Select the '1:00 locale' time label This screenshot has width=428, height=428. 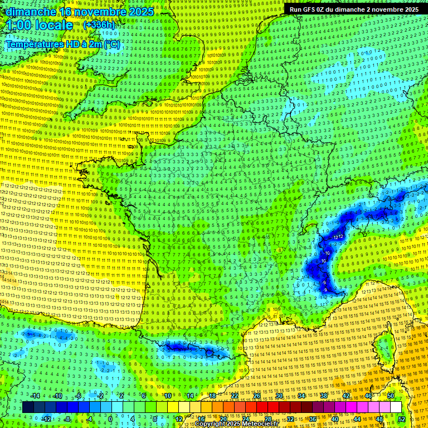(x=39, y=25)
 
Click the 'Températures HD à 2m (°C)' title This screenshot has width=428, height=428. (x=62, y=43)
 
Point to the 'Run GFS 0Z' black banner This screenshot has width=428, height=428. (x=354, y=9)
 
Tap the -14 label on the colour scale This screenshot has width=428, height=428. (x=36, y=396)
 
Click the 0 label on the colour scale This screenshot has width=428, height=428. (x=110, y=419)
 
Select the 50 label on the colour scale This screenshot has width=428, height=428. (x=391, y=396)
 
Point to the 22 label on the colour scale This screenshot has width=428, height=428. (x=235, y=396)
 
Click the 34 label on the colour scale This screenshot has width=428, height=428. (x=301, y=396)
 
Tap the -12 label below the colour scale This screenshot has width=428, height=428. (x=47, y=419)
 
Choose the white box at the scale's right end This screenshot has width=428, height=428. (x=396, y=407)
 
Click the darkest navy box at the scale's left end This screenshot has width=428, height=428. (x=28, y=407)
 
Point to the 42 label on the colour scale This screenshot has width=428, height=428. (x=346, y=396)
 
